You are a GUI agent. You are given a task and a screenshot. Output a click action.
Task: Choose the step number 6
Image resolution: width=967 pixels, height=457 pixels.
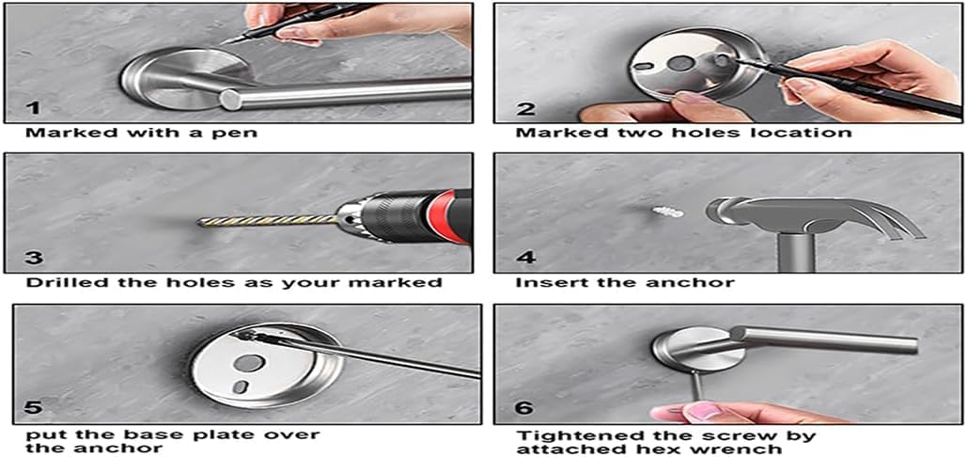point(522,408)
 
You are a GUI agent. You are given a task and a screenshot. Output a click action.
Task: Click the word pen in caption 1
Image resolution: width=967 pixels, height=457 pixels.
point(239,133)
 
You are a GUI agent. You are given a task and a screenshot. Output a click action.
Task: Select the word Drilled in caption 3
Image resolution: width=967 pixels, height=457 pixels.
point(59,283)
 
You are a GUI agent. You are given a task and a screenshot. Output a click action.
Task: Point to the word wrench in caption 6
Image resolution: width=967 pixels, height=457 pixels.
point(752,449)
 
